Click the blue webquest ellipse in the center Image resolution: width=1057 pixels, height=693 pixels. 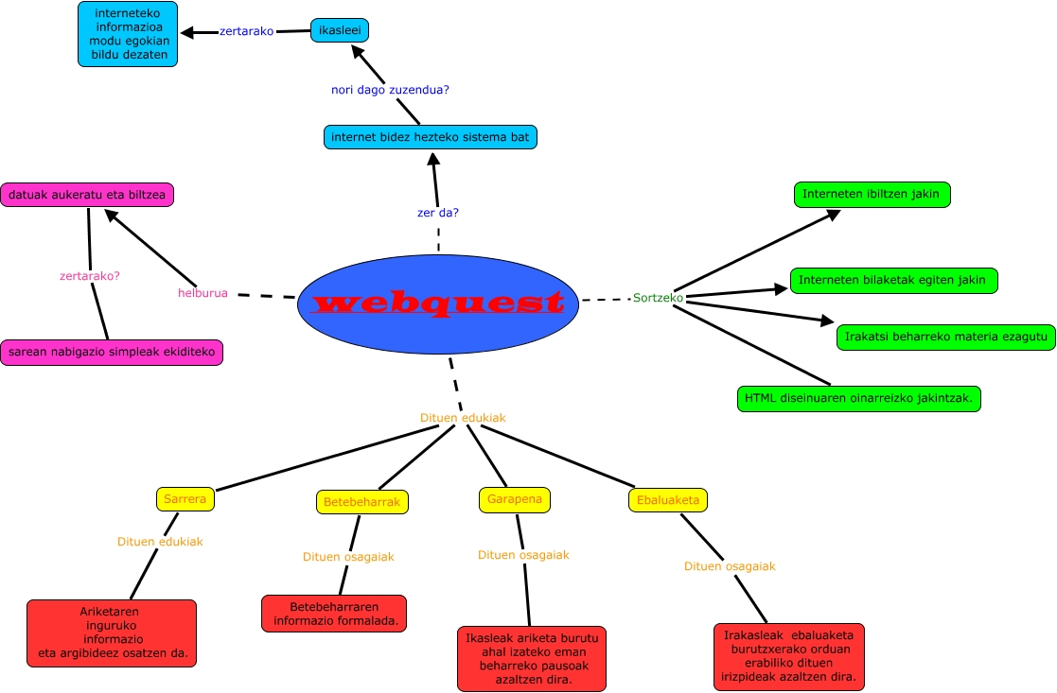point(437,303)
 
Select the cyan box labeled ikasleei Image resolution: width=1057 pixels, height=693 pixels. point(339,30)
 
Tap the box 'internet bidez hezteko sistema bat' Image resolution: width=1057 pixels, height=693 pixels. point(431,137)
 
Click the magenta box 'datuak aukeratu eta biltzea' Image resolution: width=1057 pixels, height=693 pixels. point(87,195)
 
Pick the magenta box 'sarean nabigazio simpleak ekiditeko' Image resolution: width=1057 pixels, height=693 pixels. point(112,353)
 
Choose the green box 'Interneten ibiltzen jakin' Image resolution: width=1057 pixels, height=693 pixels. point(871,195)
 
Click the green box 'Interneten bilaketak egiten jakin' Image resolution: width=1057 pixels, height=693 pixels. point(892,280)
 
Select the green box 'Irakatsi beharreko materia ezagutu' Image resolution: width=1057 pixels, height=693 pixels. point(945,337)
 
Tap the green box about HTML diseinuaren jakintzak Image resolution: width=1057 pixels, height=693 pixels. point(858,399)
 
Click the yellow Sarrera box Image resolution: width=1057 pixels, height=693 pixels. point(185,498)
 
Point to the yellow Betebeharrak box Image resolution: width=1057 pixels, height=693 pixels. point(361,502)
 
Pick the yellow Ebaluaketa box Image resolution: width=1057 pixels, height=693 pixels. point(667,499)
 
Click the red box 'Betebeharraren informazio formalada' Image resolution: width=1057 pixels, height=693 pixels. point(334,614)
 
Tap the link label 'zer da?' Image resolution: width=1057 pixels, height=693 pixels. point(438,213)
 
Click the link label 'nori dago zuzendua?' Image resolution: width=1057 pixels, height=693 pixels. point(390,90)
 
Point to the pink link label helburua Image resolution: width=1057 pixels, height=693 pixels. point(203,293)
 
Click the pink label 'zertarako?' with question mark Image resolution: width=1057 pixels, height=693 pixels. point(90,276)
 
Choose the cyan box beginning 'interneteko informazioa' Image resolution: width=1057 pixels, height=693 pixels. point(128,34)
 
